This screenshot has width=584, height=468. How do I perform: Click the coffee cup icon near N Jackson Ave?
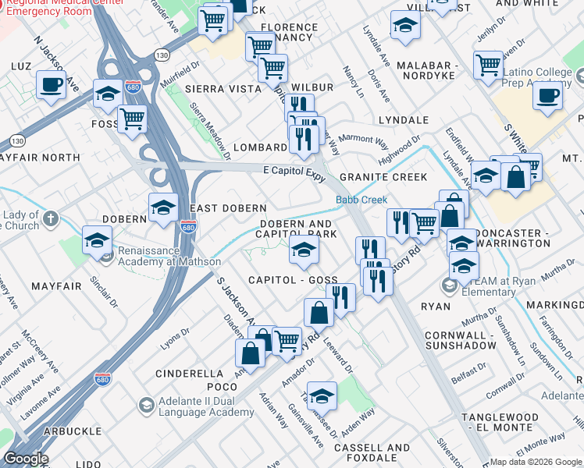[52, 84]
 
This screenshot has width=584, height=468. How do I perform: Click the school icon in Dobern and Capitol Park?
[304, 250]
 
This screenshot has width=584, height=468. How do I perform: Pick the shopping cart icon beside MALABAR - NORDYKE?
[489, 65]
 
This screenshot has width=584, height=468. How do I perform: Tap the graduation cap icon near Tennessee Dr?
[322, 395]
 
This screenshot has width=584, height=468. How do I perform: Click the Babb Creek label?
[361, 200]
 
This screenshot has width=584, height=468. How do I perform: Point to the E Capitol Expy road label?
[294, 172]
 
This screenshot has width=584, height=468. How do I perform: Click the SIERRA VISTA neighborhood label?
[223, 89]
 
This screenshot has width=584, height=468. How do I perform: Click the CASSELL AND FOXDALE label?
[372, 453]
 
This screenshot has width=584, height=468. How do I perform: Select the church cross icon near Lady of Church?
[51, 218]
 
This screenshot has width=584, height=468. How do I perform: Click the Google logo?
[26, 459]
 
